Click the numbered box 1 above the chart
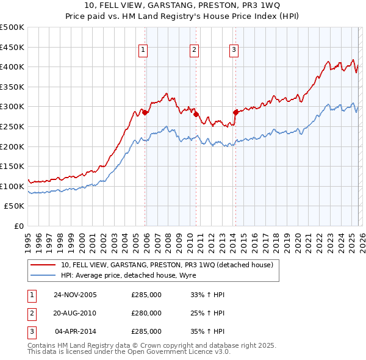click(x=142, y=51)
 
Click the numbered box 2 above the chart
click(x=193, y=51)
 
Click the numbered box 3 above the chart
click(x=234, y=51)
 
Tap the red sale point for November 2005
click(x=145, y=113)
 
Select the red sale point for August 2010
click(x=196, y=114)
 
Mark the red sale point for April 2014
click(x=235, y=112)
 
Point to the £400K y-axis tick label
click(x=12, y=67)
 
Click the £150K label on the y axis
click(x=12, y=166)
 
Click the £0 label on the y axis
click(x=18, y=226)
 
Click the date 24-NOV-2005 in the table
click(x=75, y=295)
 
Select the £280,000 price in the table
click(x=146, y=313)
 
